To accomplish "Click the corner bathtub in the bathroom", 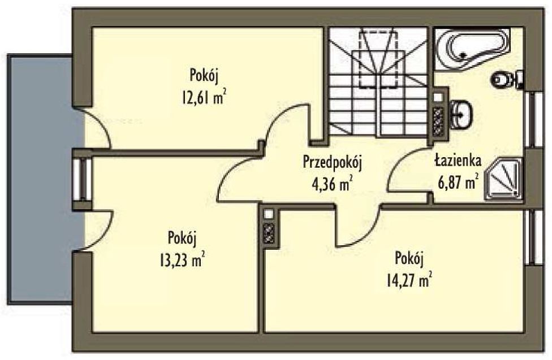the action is tap(472, 49).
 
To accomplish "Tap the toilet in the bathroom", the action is tap(507, 80).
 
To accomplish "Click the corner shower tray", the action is tap(504, 179).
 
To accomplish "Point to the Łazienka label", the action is tap(458, 161).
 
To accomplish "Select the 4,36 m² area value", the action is tap(333, 184).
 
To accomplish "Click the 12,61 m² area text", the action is tap(204, 97).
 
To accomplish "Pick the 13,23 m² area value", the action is tap(182, 261).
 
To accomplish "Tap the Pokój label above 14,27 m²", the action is tap(409, 260).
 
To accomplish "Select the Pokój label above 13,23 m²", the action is tap(182, 239).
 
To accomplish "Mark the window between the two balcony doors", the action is tap(82, 180).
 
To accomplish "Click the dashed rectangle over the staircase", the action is tap(379, 58).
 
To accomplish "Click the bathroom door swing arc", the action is tap(398, 166).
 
